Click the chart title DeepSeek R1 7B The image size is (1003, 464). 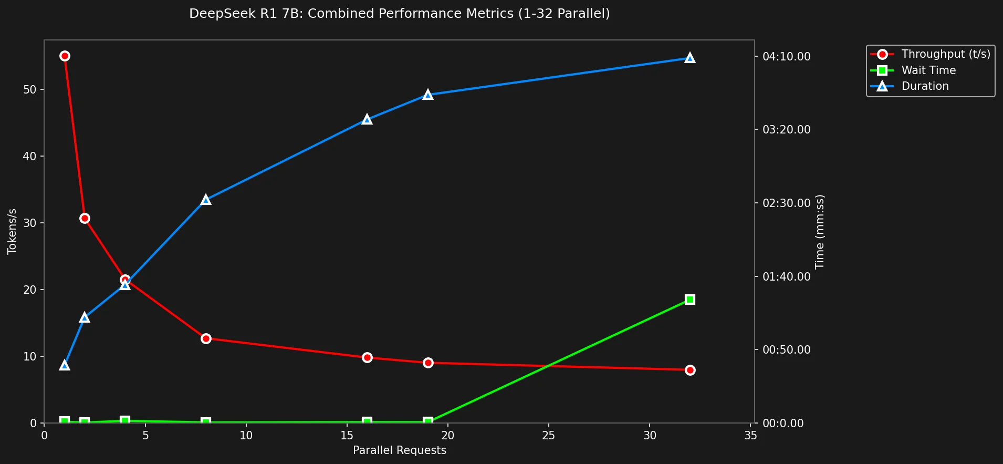pyautogui.click(x=399, y=14)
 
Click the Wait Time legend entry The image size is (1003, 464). pyautogui.click(x=928, y=70)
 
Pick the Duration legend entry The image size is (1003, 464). pyautogui.click(x=924, y=86)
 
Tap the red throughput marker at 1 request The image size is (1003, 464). pyautogui.click(x=65, y=56)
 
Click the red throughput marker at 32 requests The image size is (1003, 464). pyautogui.click(x=690, y=370)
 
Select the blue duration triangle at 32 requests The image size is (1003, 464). pyautogui.click(x=690, y=58)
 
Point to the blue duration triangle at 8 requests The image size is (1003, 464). pyautogui.click(x=206, y=200)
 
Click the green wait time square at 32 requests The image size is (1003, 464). pyautogui.click(x=690, y=300)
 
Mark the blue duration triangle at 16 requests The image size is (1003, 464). pyautogui.click(x=367, y=120)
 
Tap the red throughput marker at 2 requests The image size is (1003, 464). pyautogui.click(x=85, y=219)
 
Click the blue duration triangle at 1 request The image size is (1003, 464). pyautogui.click(x=65, y=365)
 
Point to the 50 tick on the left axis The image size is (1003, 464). pyautogui.click(x=30, y=90)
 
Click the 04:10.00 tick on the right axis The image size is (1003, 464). pyautogui.click(x=786, y=56)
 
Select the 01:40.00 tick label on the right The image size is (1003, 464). pyautogui.click(x=786, y=276)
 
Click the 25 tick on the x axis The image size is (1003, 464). pyautogui.click(x=549, y=436)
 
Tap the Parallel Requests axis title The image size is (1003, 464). pyautogui.click(x=399, y=450)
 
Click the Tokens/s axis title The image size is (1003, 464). pyautogui.click(x=12, y=231)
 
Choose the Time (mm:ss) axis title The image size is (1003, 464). pyautogui.click(x=820, y=231)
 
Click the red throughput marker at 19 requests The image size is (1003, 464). pyautogui.click(x=428, y=363)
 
